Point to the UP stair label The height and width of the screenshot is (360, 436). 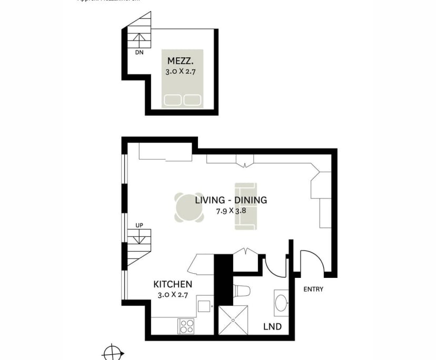click(140, 225)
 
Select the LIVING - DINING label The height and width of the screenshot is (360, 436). click(231, 200)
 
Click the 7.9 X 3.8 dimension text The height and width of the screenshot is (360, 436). click(231, 211)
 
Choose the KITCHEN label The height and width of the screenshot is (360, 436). click(174, 284)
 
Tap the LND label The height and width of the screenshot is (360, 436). click(272, 327)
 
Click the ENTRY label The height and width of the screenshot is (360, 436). click(313, 289)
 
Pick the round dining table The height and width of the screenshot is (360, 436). click(190, 207)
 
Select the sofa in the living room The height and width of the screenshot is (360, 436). click(245, 206)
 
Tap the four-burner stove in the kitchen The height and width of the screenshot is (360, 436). click(186, 326)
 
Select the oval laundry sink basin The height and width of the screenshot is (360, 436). click(281, 304)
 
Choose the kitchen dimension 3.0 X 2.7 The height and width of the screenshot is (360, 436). click(174, 295)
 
